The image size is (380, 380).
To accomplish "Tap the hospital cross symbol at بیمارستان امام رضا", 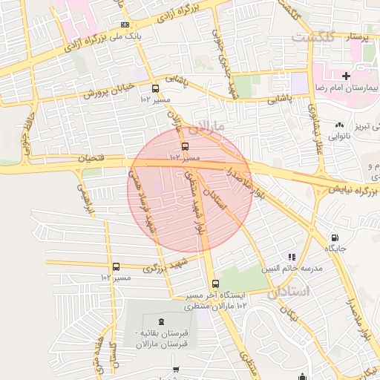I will coord(346,76).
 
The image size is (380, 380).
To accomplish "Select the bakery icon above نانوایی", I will coord(339,125).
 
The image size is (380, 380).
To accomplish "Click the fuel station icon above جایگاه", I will coord(334,238).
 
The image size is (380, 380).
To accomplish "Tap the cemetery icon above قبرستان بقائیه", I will coord(162,308).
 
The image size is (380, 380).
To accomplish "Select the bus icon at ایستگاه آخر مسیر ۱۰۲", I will coord(215,284).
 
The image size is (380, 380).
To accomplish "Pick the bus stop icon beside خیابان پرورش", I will coord(154,88).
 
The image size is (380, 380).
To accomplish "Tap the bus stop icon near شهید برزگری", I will coord(116,266).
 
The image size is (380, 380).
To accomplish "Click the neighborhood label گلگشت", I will coord(312,36).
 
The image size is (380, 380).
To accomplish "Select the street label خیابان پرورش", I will coord(108,91).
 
